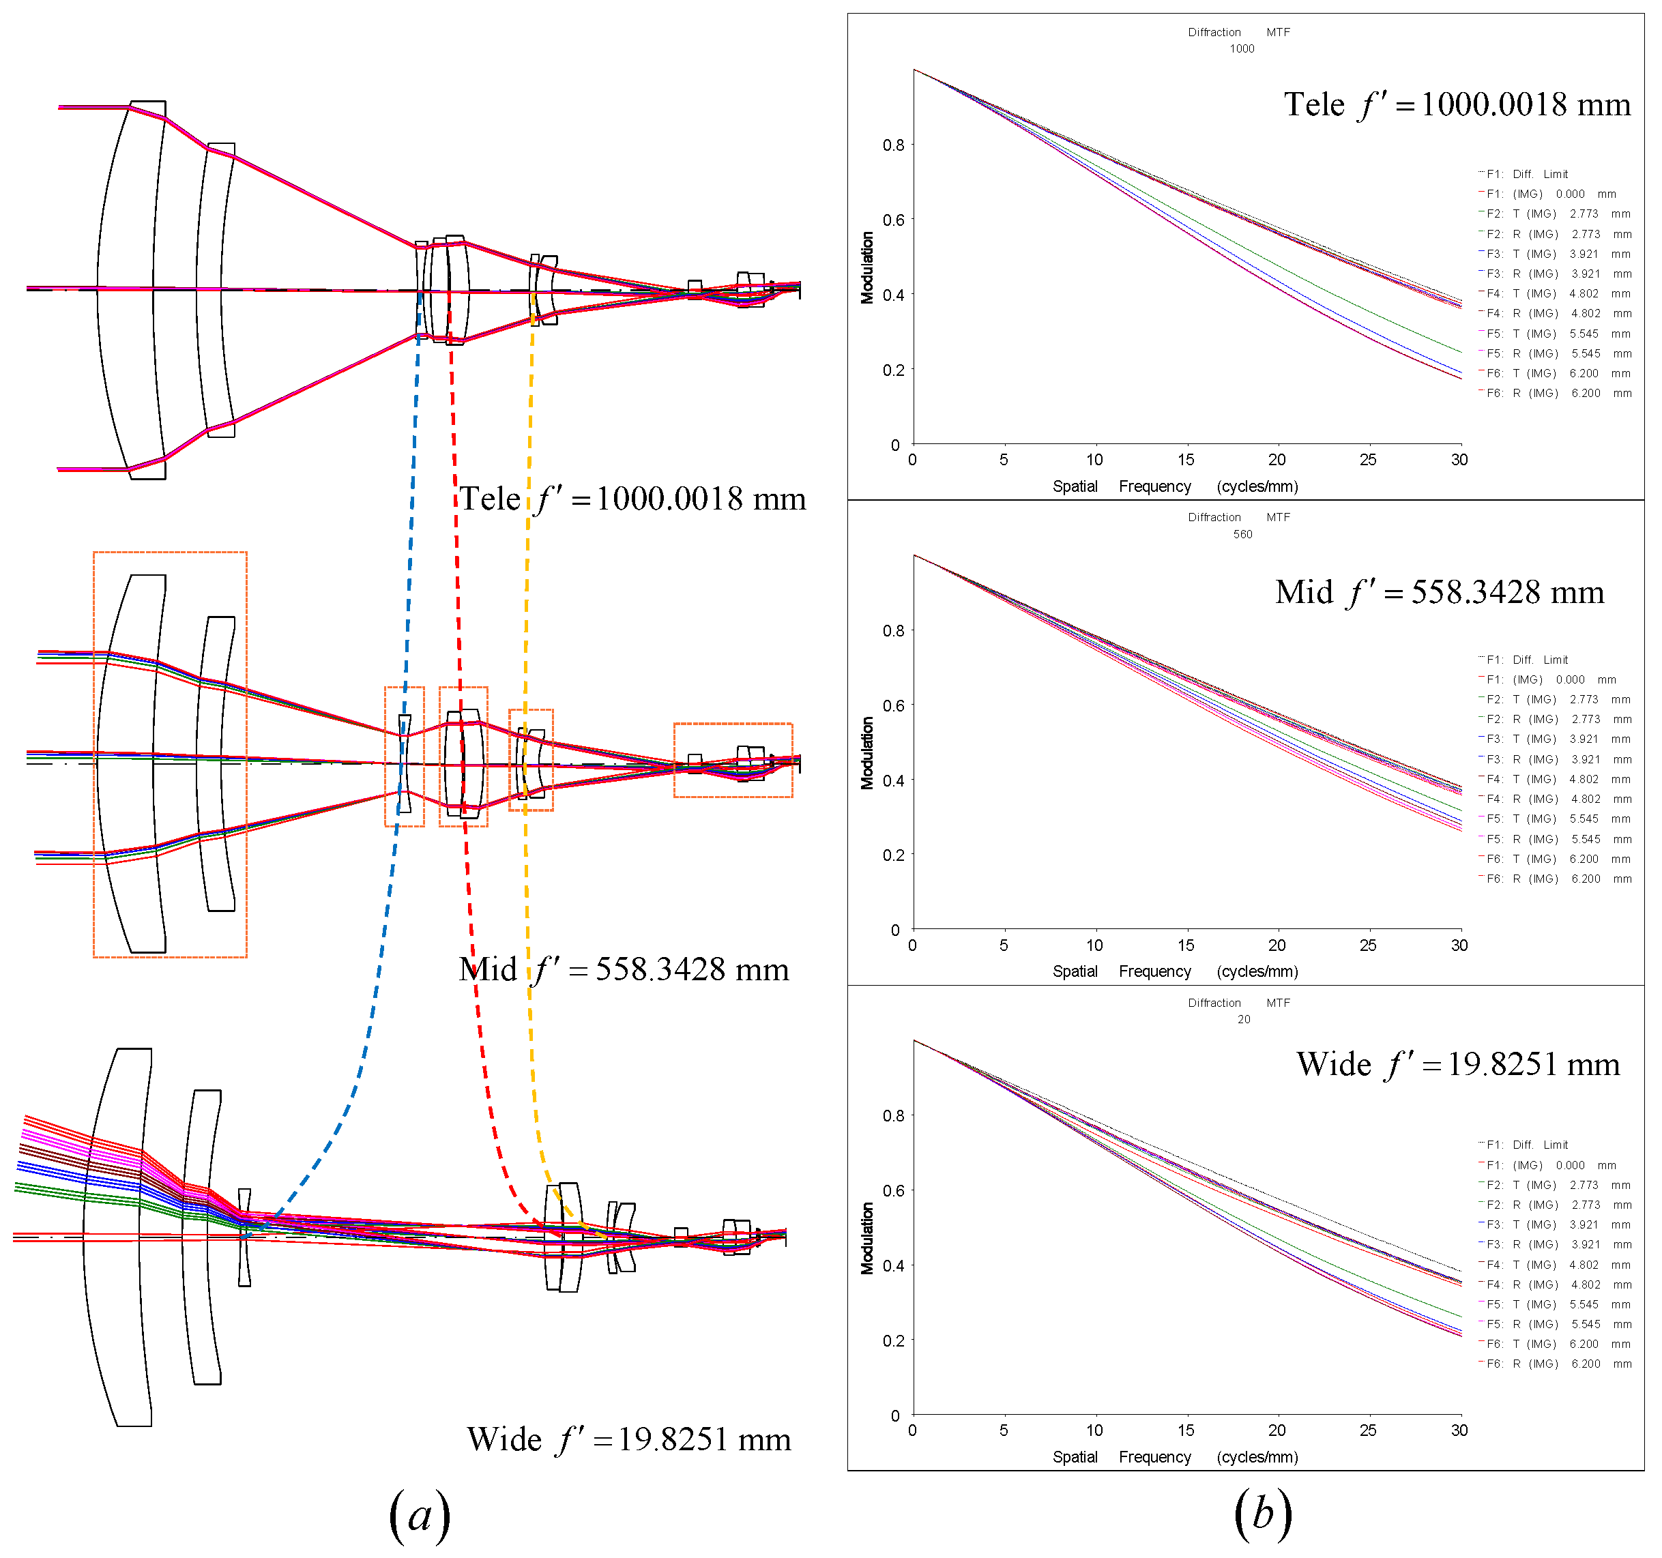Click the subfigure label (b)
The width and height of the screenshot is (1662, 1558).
[1262, 1514]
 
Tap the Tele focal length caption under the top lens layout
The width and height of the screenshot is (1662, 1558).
[632, 499]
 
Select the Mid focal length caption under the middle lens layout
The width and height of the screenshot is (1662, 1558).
[624, 969]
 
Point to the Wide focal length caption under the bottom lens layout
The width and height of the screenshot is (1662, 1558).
[628, 1439]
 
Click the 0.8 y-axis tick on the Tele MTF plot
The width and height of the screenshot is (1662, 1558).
[894, 145]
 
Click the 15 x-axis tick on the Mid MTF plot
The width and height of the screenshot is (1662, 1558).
[1186, 945]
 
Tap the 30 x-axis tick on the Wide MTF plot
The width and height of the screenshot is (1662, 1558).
[1459, 1430]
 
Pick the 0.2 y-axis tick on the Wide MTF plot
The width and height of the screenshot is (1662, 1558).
[894, 1340]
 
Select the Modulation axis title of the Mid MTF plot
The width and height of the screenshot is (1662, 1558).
[868, 752]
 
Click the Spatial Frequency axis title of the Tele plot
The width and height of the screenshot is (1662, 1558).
[1175, 486]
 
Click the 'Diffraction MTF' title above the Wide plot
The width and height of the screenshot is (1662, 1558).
[1238, 1003]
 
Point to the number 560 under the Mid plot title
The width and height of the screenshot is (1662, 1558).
[1242, 534]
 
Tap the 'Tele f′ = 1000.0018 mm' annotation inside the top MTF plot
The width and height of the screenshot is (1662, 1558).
[1457, 104]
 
